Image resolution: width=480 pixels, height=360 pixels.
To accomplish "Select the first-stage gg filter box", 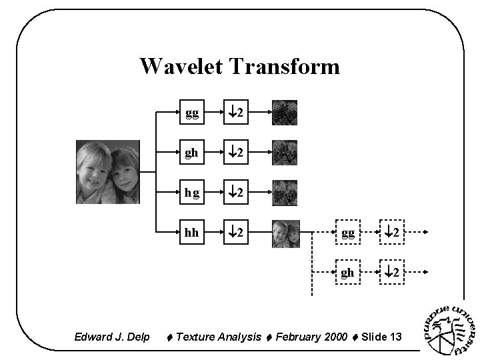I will click(x=191, y=114).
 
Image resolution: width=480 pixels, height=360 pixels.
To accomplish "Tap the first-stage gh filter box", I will click(x=191, y=153).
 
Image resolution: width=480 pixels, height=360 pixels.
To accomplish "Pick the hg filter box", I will click(x=191, y=193).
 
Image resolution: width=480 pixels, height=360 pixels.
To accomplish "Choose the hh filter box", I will click(x=191, y=233).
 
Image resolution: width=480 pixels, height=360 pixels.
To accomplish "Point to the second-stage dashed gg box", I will click(x=347, y=233).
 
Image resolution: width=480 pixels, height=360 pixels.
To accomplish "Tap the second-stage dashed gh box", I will click(x=347, y=272).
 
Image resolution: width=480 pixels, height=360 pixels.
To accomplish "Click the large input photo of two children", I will click(x=108, y=172).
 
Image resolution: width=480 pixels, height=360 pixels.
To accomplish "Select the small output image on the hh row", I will click(x=285, y=233).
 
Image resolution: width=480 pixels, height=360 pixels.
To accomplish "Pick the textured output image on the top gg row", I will click(x=285, y=113).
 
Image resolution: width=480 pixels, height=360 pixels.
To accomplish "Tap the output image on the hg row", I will click(x=285, y=193).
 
